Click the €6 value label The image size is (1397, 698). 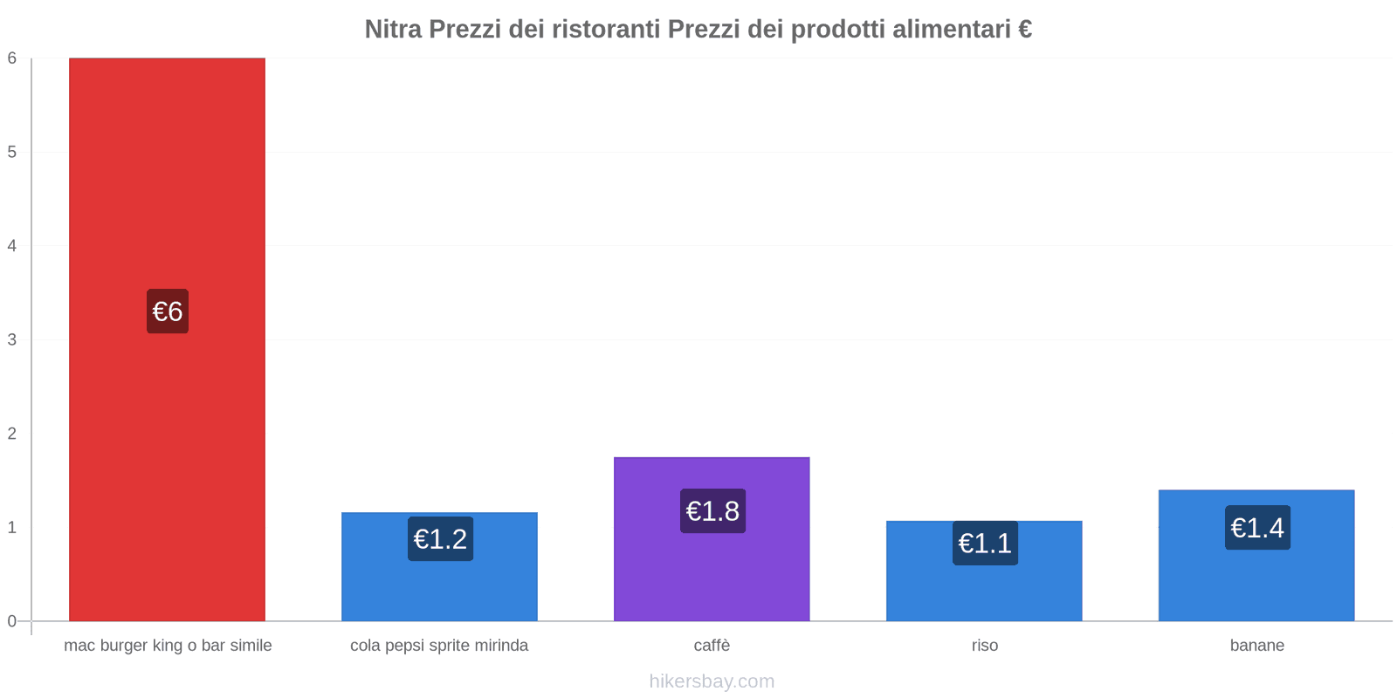pyautogui.click(x=168, y=311)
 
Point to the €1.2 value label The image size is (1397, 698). pyautogui.click(x=440, y=539)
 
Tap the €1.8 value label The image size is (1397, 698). pyautogui.click(x=712, y=511)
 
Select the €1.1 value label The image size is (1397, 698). pyautogui.click(x=985, y=544)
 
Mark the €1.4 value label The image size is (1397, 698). pyautogui.click(x=1257, y=528)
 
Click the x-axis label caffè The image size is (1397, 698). pyautogui.click(x=712, y=646)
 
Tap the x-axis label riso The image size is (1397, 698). pyautogui.click(x=984, y=646)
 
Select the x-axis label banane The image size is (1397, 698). pyautogui.click(x=1256, y=646)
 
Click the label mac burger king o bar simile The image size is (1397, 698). pyautogui.click(x=168, y=646)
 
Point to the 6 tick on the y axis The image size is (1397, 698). pyautogui.click(x=12, y=58)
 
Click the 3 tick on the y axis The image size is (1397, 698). pyautogui.click(x=12, y=339)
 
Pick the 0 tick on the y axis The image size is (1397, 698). pyautogui.click(x=12, y=621)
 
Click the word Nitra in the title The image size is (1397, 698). pyautogui.click(x=394, y=30)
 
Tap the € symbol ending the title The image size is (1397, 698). pyautogui.click(x=1024, y=30)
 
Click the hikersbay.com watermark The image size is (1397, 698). pyautogui.click(x=712, y=681)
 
